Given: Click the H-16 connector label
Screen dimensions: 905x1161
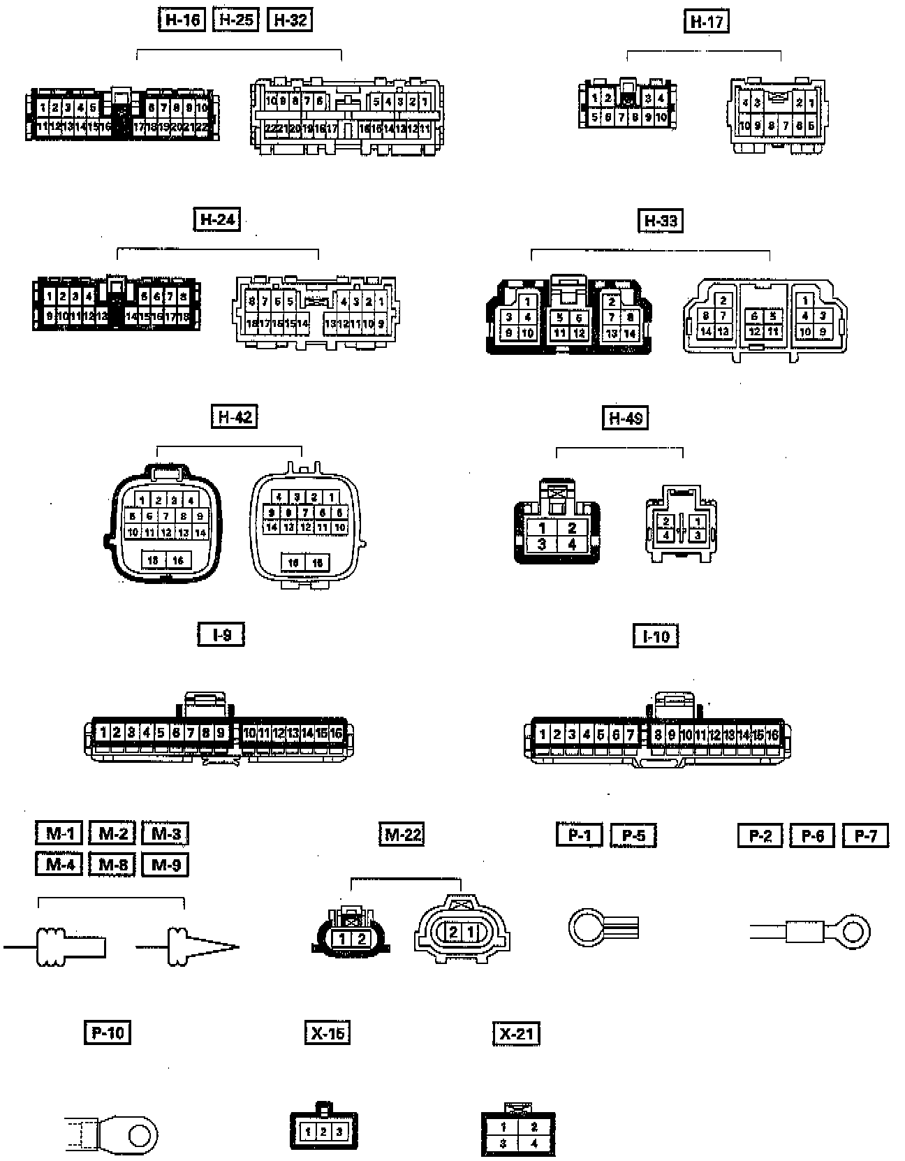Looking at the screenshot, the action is tap(182, 20).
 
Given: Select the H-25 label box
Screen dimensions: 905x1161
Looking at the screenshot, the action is tap(235, 20).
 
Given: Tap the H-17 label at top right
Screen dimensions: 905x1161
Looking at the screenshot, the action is tap(706, 22).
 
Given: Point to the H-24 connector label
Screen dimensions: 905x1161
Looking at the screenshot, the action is tap(216, 219).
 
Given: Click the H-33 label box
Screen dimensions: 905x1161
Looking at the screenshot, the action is tap(660, 221).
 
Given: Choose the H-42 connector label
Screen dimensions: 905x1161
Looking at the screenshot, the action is tap(234, 417).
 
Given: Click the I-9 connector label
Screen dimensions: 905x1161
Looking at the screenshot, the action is tap(221, 635).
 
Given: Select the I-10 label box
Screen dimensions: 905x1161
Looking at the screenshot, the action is tap(656, 636).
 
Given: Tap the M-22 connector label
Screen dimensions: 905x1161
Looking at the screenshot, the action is tap(403, 834).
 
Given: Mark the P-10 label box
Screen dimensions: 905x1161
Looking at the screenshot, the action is tap(108, 1032).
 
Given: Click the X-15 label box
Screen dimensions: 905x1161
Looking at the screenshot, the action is tap(328, 1032).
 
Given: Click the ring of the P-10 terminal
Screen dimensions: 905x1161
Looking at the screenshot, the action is tap(140, 1133).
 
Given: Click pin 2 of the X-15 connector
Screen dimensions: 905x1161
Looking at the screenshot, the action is tap(323, 1132).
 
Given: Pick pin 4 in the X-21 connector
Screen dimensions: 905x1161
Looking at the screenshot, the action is tap(534, 1144).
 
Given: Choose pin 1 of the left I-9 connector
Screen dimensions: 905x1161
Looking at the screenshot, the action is tap(103, 733).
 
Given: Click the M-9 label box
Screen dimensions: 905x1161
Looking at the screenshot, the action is tap(165, 865).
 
